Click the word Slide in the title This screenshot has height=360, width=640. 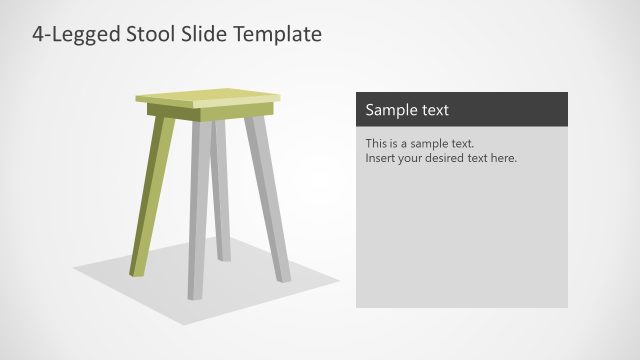click(204, 34)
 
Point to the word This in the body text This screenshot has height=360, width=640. click(377, 144)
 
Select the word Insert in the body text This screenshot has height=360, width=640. click(380, 158)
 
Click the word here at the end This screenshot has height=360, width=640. click(503, 158)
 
